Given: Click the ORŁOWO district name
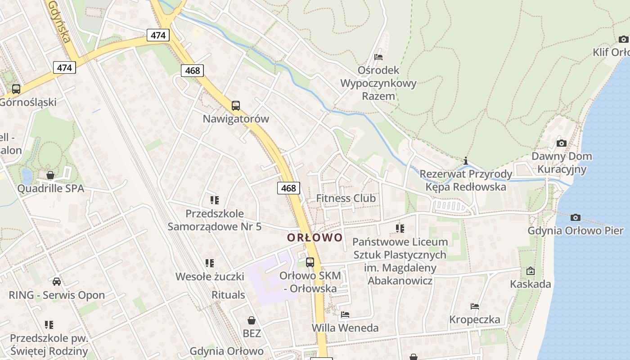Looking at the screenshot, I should tap(315, 237).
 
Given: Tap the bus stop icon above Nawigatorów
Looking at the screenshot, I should tap(236, 106).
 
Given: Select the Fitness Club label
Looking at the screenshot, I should tap(346, 198).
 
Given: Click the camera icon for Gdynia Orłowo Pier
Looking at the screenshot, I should tap(575, 218).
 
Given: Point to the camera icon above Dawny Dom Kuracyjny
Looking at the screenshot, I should tap(561, 143).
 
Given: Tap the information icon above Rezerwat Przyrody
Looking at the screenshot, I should tap(466, 161).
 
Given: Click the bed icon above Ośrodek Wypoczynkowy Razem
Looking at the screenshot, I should tap(378, 57).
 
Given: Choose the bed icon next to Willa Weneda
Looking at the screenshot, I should tap(345, 314).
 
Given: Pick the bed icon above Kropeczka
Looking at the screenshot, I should tap(475, 306).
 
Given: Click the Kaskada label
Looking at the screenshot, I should tap(530, 284).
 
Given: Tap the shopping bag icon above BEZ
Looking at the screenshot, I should tap(252, 320).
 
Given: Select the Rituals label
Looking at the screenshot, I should tap(228, 295).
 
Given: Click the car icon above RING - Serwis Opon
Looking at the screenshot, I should tap(57, 282).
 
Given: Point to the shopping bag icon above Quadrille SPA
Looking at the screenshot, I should tap(50, 175).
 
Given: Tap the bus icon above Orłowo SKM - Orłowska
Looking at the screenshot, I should tap(310, 262).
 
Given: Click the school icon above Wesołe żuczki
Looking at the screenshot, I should tap(209, 263).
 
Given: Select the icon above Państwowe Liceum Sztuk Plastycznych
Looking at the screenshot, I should tap(400, 229).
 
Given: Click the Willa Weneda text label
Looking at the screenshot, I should tap(345, 328).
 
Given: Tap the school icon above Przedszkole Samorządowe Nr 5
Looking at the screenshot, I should tap(214, 200).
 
